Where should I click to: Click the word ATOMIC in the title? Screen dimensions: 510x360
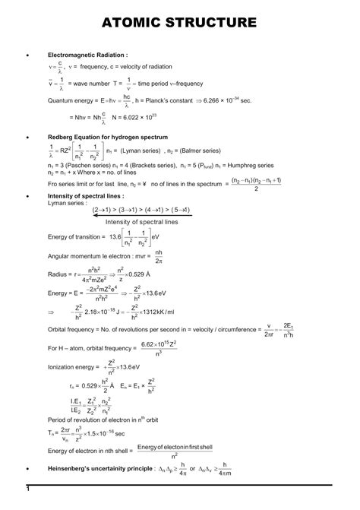click(x=129, y=22)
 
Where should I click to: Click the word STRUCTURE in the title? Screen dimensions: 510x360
click(x=220, y=22)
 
